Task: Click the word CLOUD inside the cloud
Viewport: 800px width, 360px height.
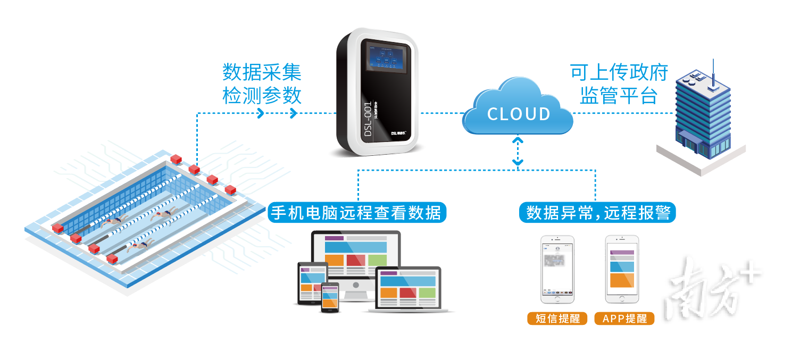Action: pyautogui.click(x=519, y=114)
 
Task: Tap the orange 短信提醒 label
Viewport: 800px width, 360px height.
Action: pyautogui.click(x=557, y=319)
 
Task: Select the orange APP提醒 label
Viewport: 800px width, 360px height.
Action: pyautogui.click(x=624, y=319)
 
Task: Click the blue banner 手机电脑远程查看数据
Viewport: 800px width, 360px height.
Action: pyautogui.click(x=356, y=213)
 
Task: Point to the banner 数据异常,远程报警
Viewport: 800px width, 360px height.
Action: pyautogui.click(x=597, y=213)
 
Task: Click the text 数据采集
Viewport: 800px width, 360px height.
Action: pyautogui.click(x=262, y=72)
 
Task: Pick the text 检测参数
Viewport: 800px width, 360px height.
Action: pyautogui.click(x=262, y=96)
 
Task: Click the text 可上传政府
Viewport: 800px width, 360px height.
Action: pyautogui.click(x=619, y=72)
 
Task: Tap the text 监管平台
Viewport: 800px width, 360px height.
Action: pyautogui.click(x=619, y=96)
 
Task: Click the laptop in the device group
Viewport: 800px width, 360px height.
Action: pyautogui.click(x=409, y=290)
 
